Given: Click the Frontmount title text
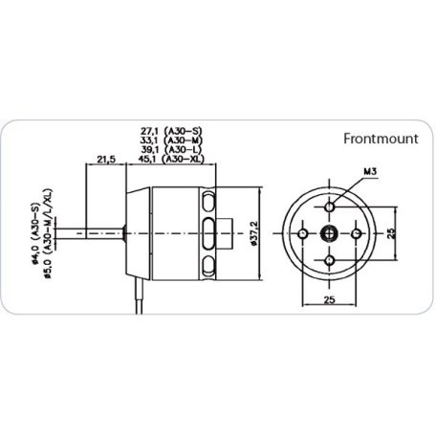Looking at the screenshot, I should (x=381, y=137).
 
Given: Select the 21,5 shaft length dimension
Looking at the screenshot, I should (x=106, y=159).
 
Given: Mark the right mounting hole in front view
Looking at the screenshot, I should (x=357, y=233).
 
